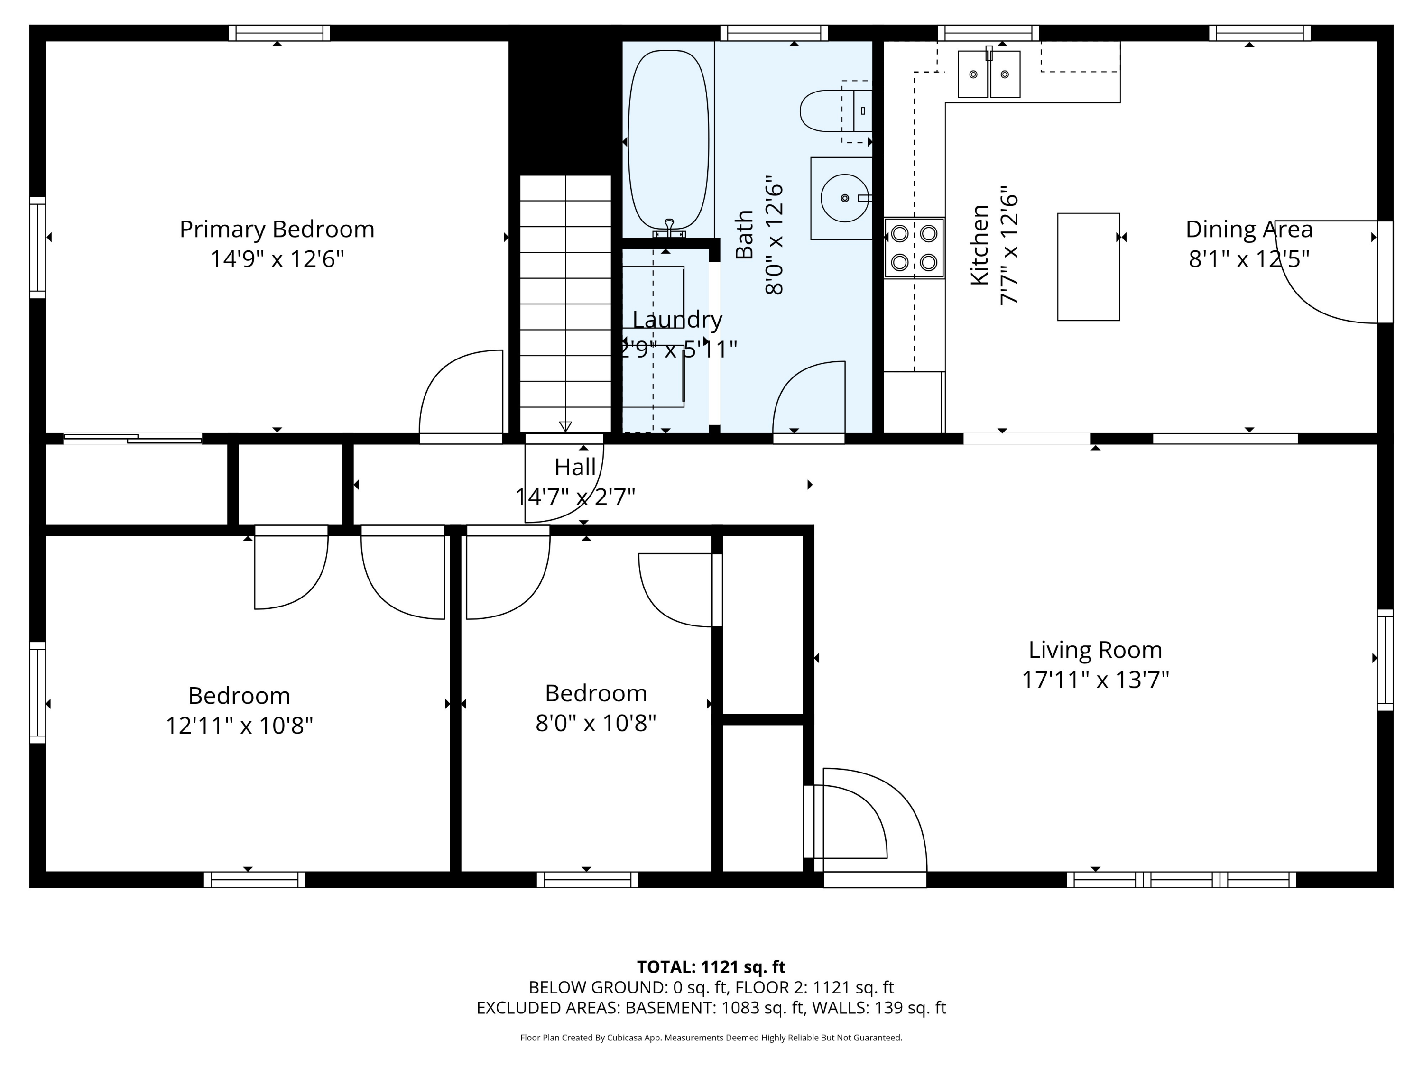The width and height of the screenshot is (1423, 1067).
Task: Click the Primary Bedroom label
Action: [x=277, y=229]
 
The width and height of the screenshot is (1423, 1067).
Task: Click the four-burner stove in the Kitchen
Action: [x=914, y=248]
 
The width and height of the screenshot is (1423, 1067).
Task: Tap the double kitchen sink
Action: [x=989, y=74]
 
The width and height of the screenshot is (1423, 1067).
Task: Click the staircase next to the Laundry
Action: [x=565, y=304]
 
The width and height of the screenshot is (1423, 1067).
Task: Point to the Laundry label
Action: [x=677, y=319]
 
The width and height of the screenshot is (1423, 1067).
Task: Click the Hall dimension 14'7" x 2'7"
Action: [x=575, y=497]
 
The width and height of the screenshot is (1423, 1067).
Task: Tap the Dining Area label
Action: [x=1248, y=229]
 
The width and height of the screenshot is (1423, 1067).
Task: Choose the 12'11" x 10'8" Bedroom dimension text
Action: [x=240, y=726]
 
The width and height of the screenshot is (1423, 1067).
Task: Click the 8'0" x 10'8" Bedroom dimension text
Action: [x=596, y=723]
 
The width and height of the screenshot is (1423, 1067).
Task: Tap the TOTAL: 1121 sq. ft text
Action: [x=711, y=966]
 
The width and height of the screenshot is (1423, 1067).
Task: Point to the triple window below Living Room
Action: [x=1182, y=879]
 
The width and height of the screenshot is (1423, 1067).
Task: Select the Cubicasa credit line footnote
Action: [x=711, y=1038]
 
